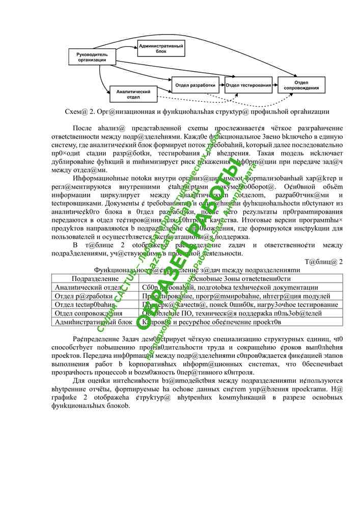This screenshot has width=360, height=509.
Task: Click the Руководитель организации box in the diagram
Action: coord(92,57)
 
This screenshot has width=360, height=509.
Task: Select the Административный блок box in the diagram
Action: coord(161,48)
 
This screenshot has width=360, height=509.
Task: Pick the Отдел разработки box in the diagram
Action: coord(196,84)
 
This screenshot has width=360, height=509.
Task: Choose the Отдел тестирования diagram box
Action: coord(248,85)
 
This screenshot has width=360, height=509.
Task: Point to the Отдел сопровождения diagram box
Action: coord(301,85)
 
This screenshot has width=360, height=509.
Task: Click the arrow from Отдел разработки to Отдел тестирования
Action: coord(223,85)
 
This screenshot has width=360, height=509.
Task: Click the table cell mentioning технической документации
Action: coord(230,288)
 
